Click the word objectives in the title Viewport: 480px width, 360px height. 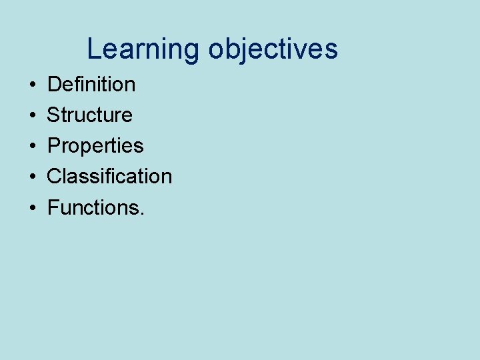(273, 50)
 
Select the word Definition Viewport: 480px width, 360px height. (91, 85)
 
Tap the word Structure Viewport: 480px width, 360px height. (89, 115)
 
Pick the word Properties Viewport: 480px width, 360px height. (95, 146)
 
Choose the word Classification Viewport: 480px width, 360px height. (109, 177)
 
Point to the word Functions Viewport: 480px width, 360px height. (93, 207)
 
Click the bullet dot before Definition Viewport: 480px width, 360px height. (32, 85)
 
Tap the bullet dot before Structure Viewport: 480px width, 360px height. (32, 116)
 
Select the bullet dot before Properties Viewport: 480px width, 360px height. (32, 147)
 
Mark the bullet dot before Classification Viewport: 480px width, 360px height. (32, 177)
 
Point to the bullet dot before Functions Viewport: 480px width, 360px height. (32, 208)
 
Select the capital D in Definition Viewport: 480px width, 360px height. (54, 85)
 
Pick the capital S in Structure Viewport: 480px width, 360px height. (53, 115)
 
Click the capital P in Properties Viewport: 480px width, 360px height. (54, 146)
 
